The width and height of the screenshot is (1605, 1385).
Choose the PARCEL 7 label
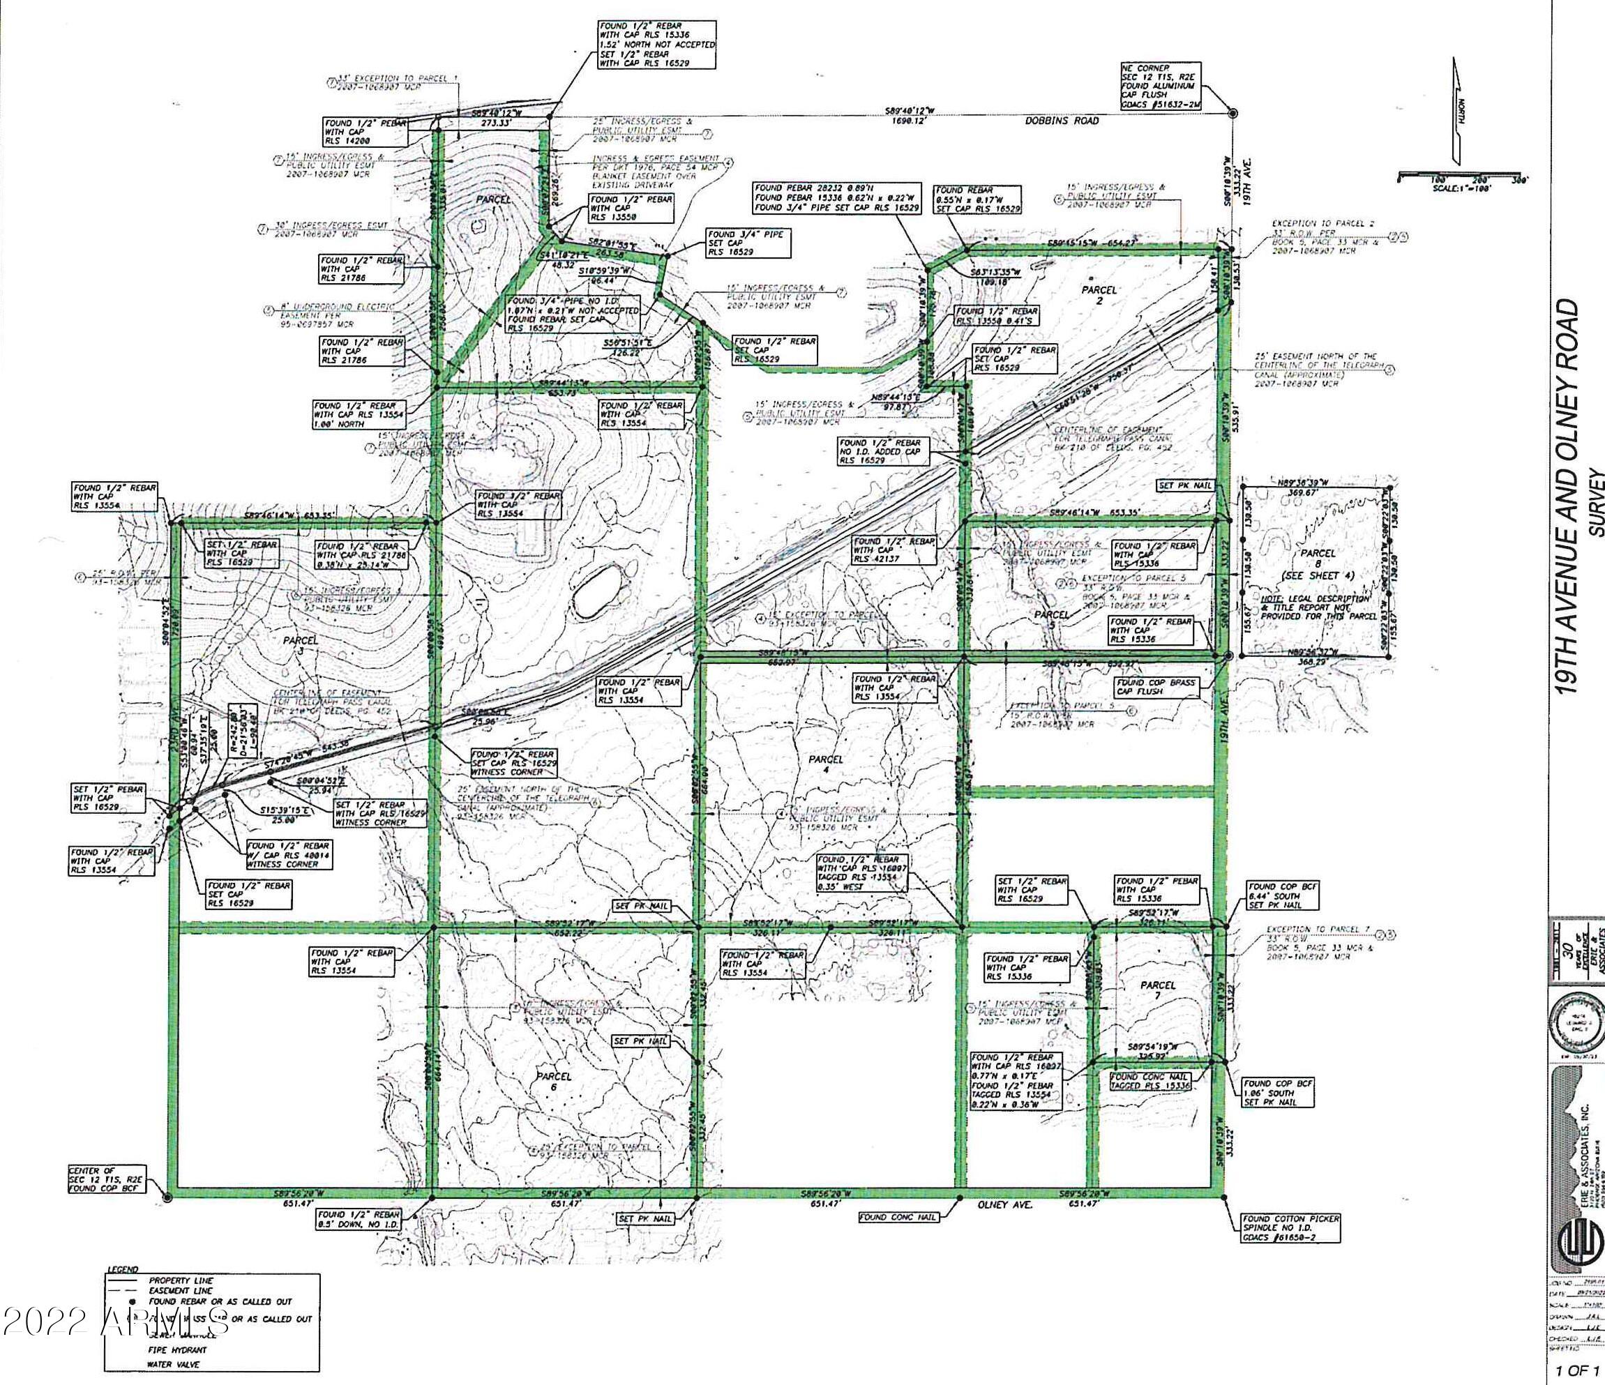point(1159,992)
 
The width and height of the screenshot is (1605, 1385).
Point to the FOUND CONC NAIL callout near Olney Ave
point(898,1217)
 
